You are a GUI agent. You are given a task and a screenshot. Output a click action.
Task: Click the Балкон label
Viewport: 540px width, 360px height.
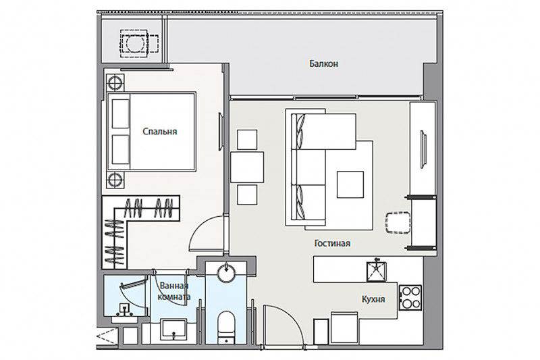point(323,63)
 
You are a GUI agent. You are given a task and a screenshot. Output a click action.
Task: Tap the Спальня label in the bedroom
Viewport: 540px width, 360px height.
point(160,131)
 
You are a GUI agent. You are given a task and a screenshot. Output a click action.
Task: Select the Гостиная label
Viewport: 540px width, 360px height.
point(332,243)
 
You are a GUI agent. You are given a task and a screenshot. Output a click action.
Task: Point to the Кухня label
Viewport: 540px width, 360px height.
point(373,299)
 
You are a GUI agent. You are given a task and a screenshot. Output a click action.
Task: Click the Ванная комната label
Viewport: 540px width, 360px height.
point(174,291)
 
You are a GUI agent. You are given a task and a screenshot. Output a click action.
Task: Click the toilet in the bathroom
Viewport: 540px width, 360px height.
point(226,327)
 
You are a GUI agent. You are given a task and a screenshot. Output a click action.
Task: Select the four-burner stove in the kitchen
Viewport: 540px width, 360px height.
point(410,297)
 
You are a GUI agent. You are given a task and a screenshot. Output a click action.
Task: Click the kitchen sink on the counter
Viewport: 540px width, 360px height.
point(376,272)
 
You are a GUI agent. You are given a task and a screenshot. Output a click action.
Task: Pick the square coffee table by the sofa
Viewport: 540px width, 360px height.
point(350,184)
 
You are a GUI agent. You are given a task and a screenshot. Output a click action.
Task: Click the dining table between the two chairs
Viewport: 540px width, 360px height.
point(247,167)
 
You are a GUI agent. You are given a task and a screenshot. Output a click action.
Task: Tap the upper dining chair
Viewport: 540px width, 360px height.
point(247,140)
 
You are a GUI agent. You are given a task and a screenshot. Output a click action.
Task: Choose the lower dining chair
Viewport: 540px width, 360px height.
point(247,195)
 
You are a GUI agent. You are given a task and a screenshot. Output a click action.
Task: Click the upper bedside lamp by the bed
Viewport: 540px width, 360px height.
point(115,82)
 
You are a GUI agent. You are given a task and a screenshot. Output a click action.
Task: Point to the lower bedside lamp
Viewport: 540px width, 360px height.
point(115,180)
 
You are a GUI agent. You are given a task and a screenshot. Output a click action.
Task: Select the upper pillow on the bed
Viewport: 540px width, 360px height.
point(121,113)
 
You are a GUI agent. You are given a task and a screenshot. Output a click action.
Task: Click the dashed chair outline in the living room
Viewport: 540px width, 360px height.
point(398,222)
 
